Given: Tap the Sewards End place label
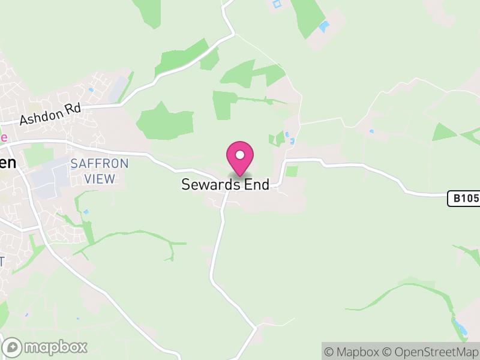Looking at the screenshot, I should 226,185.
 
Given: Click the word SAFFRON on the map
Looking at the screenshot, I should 99,163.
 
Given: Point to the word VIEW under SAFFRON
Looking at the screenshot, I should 99,179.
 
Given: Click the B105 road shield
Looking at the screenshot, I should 464,199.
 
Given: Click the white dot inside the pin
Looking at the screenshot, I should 240,155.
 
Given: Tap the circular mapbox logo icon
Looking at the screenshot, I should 13,347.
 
